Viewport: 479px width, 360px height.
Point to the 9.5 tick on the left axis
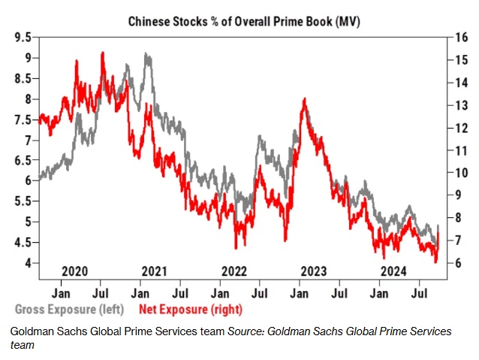23,37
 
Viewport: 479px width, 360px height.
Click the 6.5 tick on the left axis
23,160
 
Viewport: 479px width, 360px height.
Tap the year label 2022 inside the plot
234,271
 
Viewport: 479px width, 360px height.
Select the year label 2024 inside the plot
393,271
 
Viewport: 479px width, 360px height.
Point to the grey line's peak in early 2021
146,54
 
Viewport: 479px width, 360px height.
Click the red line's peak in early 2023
304,98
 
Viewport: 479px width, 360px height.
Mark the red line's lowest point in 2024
436,262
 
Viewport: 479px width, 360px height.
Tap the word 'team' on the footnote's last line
21,344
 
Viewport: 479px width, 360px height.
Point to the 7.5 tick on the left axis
23,119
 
